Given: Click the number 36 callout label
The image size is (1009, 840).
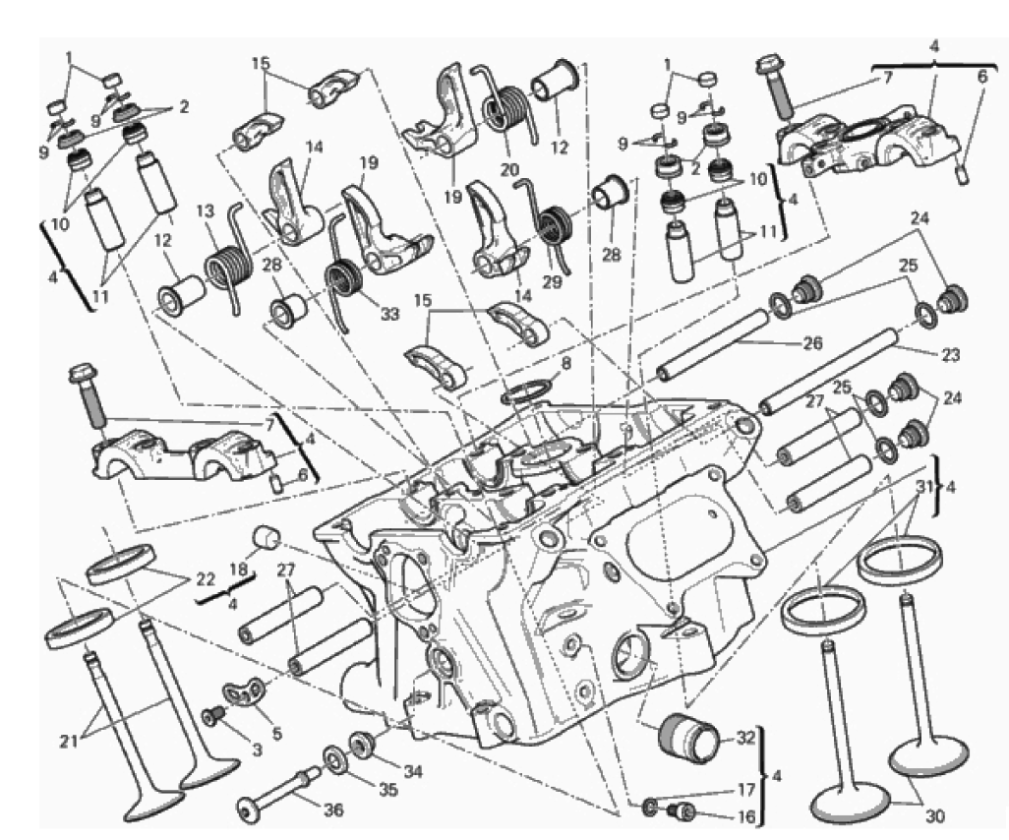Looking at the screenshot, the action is coord(332,810).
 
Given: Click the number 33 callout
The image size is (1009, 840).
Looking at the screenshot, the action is coord(389,314).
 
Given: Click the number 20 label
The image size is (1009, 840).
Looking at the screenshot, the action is coord(509,170).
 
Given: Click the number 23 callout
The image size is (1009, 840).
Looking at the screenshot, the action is coord(950,354).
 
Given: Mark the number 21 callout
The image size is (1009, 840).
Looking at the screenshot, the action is coord(69,741).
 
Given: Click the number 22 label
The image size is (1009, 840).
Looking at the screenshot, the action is coord(205,578).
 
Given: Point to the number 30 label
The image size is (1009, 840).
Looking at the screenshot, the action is coord(934,816).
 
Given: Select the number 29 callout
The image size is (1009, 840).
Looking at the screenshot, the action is coord(552,281).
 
